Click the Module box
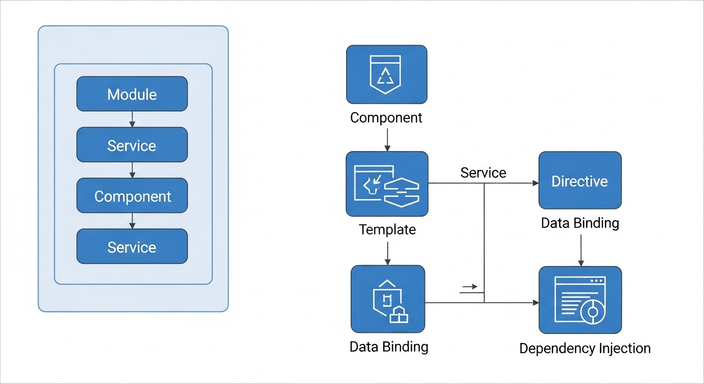coord(132,94)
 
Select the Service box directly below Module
coord(132,145)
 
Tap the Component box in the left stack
coord(132,196)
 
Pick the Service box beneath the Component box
coord(132,246)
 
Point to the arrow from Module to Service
coord(132,119)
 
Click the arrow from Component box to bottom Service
coord(132,220)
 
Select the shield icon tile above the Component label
coord(386,74)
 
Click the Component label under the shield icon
coord(386,118)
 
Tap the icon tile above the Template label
coord(386,184)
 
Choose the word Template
coord(387,229)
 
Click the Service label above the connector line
coord(483,173)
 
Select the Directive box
coord(579,180)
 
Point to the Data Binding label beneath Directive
coord(579,223)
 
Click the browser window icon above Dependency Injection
coord(580,300)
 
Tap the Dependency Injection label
coord(584,348)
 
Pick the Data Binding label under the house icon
coord(388,346)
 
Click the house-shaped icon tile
coord(387,299)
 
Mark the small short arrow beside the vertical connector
coord(470,287)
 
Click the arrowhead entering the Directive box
coord(535,183)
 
